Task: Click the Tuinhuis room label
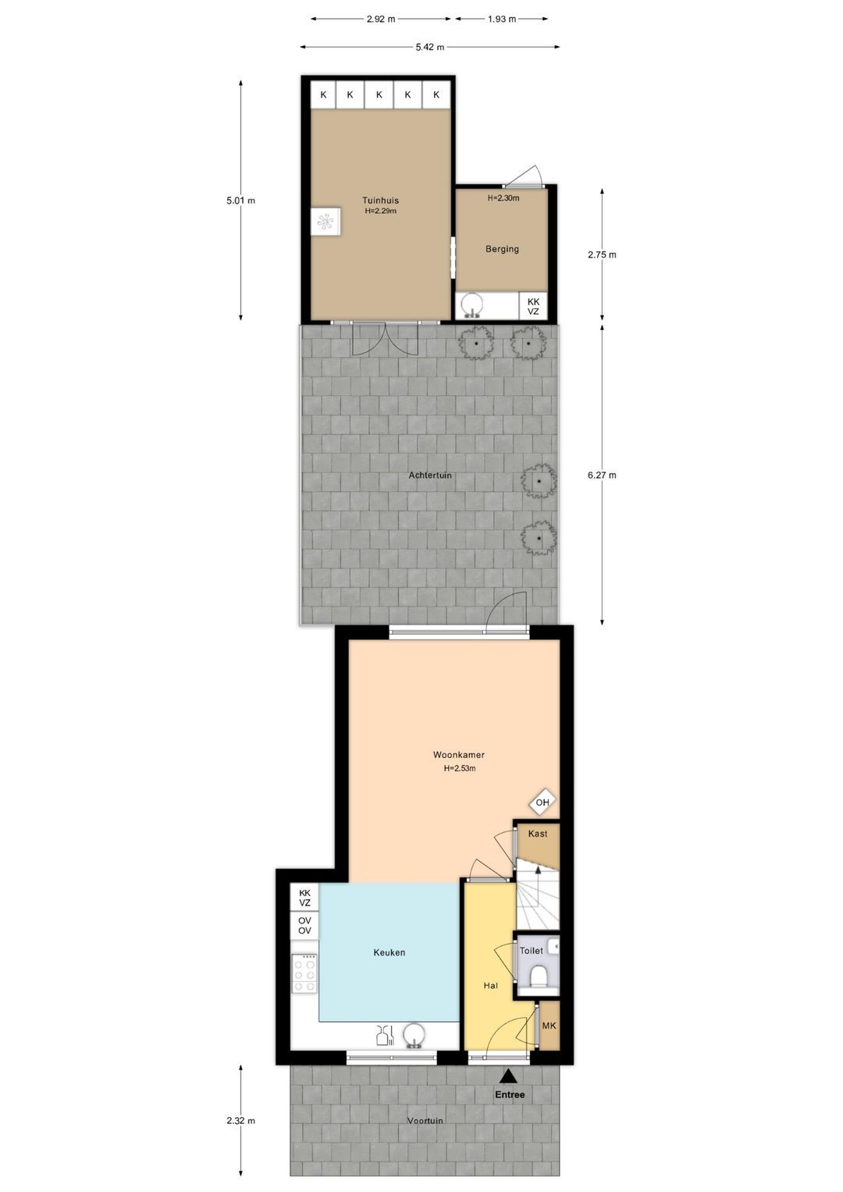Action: tap(380, 201)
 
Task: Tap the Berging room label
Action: tap(502, 249)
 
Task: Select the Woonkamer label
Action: tap(459, 755)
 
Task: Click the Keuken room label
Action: tap(389, 952)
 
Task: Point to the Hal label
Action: tap(490, 986)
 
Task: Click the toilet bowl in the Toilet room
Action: tap(539, 977)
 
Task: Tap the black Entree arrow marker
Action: tap(508, 1076)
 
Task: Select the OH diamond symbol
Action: tap(542, 802)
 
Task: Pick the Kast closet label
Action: tap(538, 834)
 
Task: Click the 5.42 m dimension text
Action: tap(429, 48)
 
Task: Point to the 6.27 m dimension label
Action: tap(602, 475)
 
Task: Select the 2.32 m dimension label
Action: tap(240, 1121)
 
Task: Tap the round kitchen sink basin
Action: tap(414, 1035)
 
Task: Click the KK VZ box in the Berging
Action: tap(533, 306)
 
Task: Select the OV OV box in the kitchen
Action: tap(304, 926)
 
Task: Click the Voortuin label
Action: tap(425, 1121)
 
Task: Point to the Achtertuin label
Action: tap(430, 475)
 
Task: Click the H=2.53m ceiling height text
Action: tap(459, 769)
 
